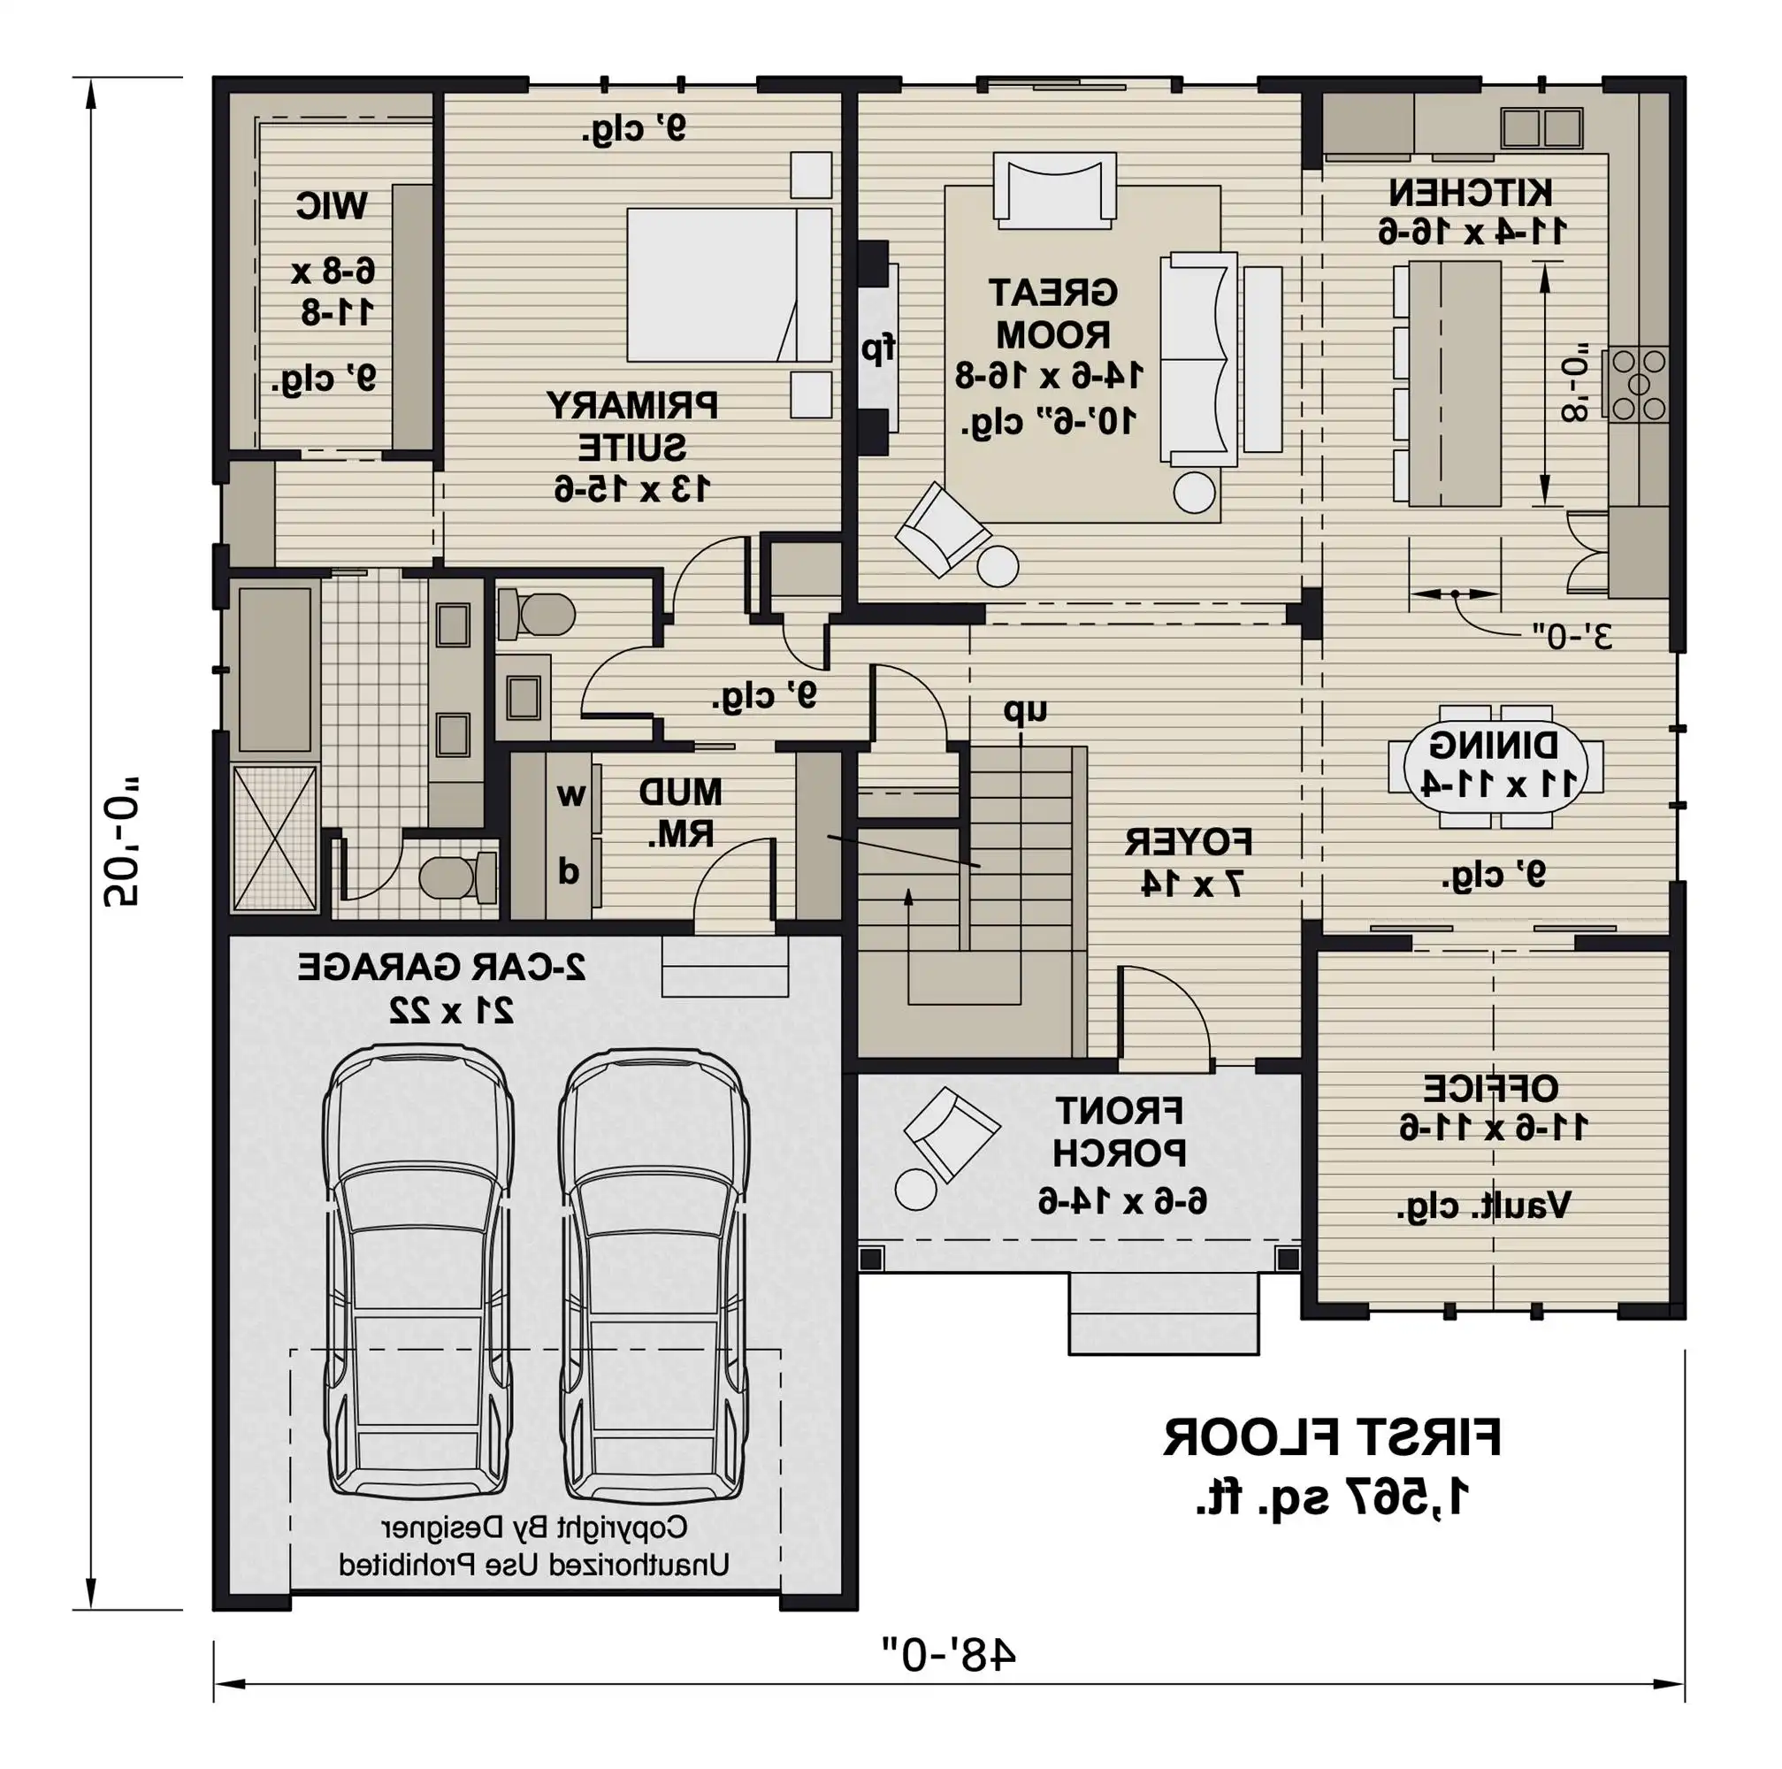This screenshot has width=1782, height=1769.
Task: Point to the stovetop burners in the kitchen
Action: [x=1639, y=383]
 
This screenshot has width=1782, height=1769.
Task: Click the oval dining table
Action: [x=1495, y=764]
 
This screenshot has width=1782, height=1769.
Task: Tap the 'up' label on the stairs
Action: [x=1025, y=709]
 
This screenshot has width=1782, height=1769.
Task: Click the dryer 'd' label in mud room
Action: [x=570, y=870]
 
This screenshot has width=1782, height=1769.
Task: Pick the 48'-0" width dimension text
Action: [x=949, y=1654]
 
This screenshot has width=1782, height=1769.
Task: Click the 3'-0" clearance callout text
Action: [x=1572, y=634]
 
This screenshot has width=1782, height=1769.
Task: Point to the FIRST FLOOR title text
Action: [x=1331, y=1437]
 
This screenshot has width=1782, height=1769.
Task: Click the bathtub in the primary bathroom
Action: [x=274, y=669]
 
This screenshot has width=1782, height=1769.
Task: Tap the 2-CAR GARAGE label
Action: [x=441, y=967]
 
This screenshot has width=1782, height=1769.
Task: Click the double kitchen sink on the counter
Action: [x=1541, y=128]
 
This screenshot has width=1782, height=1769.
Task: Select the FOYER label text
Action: [x=1187, y=841]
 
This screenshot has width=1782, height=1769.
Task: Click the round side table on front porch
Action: [x=915, y=1189]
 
